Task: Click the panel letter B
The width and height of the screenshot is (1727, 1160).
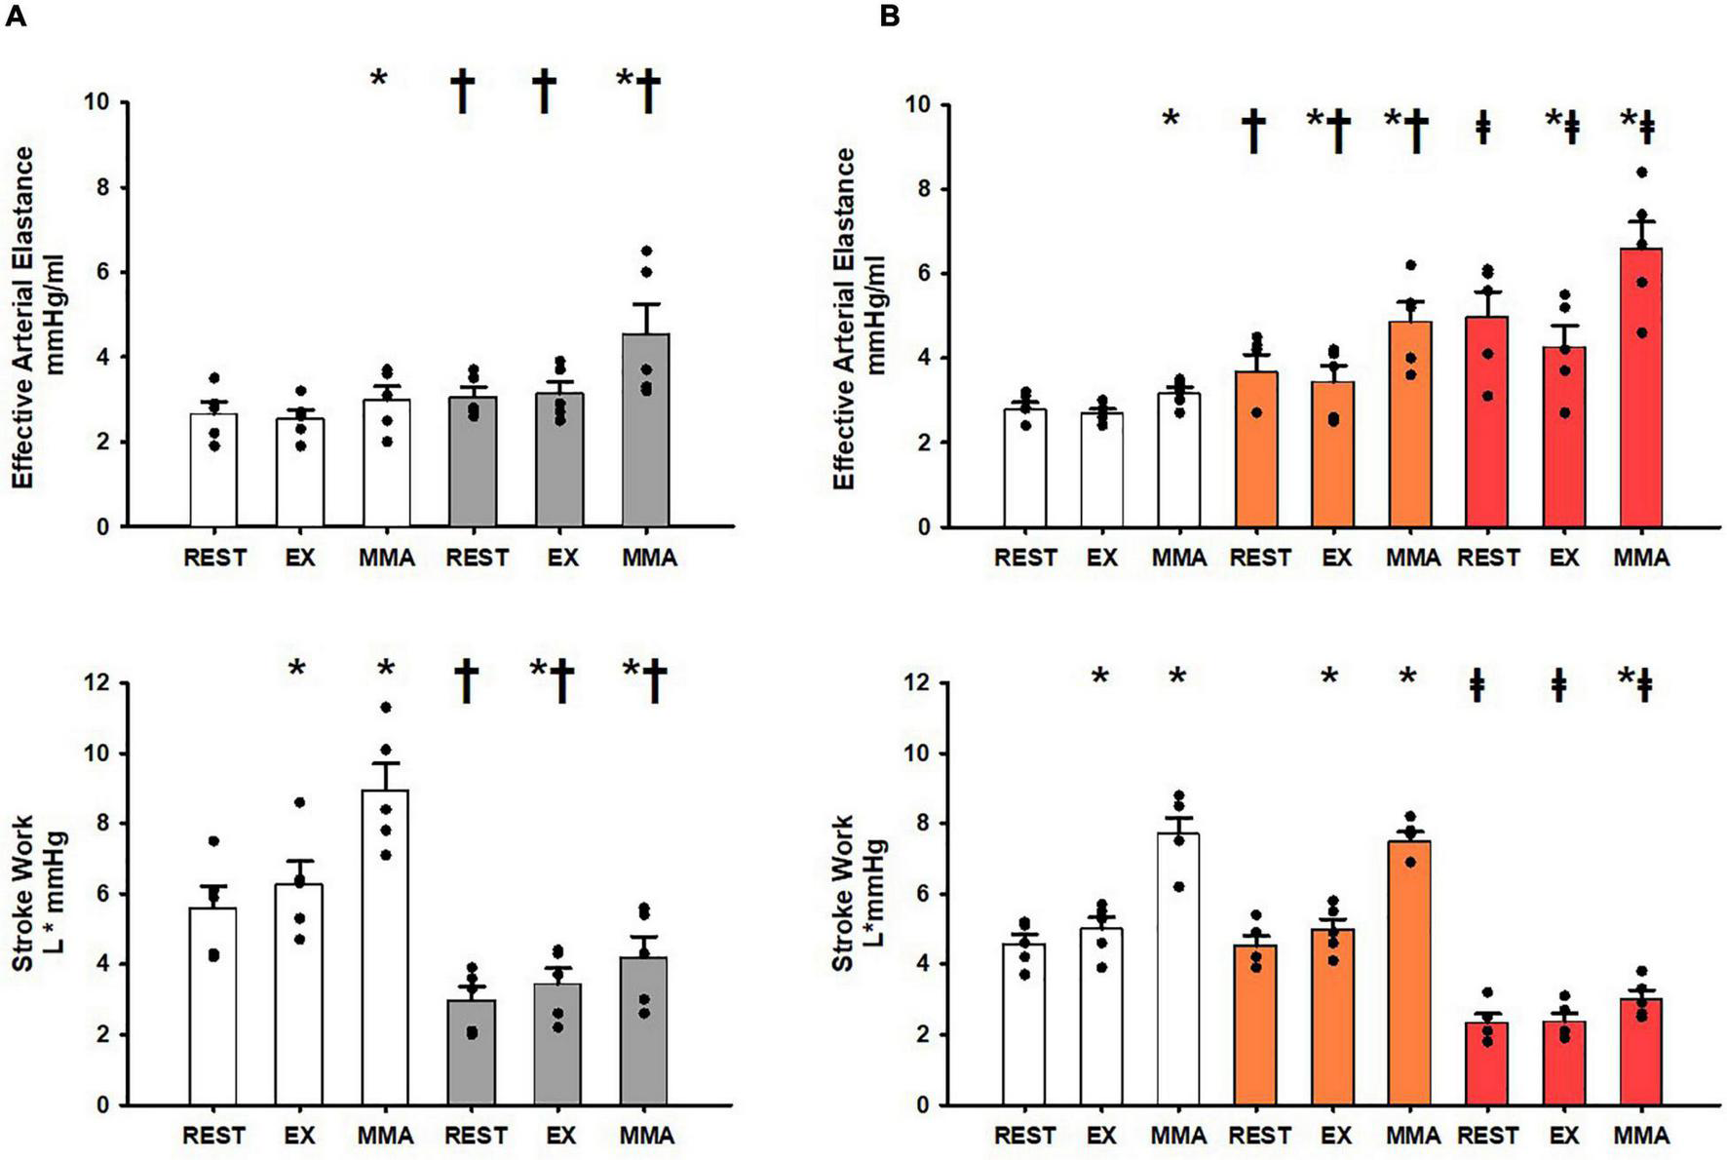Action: pyautogui.click(x=889, y=17)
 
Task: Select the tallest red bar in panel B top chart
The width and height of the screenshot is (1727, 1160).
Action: pyautogui.click(x=1640, y=390)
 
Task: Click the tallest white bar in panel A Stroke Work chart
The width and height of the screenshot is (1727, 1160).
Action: pyautogui.click(x=385, y=950)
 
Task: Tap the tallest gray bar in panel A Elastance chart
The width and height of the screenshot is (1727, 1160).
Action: pyautogui.click(x=645, y=434)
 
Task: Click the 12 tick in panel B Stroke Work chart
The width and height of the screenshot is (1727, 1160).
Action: pyautogui.click(x=915, y=683)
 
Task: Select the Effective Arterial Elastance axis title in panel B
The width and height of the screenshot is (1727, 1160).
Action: pyautogui.click(x=858, y=319)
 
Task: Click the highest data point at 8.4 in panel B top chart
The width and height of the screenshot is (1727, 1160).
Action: pyautogui.click(x=1641, y=173)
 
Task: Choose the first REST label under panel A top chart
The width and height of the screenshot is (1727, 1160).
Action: pyautogui.click(x=214, y=559)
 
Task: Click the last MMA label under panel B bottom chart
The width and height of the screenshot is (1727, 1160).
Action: pyautogui.click(x=1641, y=1137)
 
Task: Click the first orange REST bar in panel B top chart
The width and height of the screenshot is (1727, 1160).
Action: pyautogui.click(x=1257, y=450)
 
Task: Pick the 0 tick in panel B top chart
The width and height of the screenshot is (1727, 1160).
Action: pyautogui.click(x=921, y=527)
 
